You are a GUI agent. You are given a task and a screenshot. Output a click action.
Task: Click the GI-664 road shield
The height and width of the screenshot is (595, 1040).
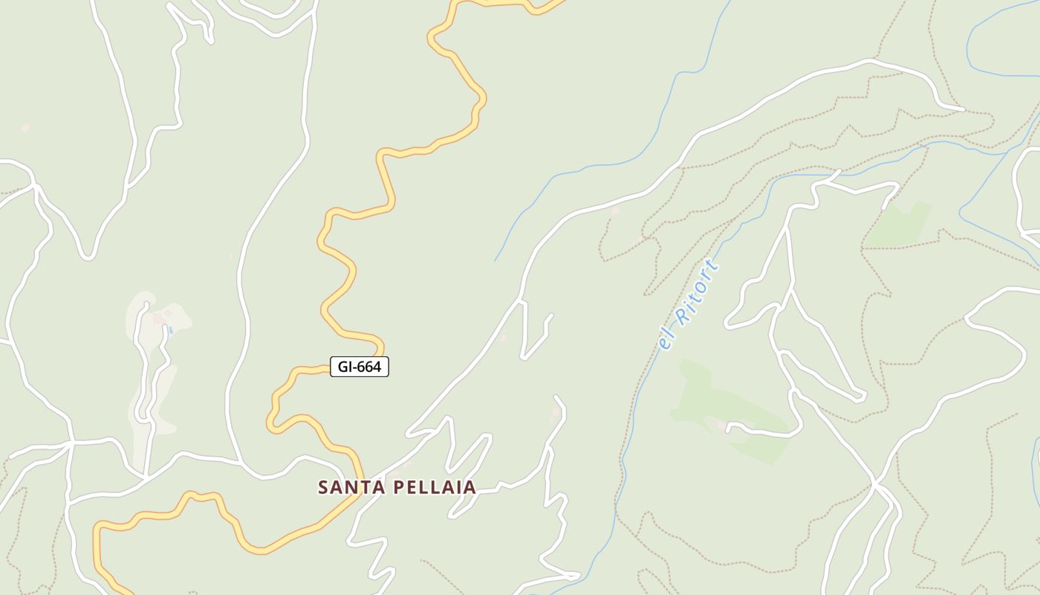click(x=360, y=367)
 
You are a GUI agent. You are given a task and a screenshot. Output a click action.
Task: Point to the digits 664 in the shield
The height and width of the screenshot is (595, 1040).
click(x=369, y=367)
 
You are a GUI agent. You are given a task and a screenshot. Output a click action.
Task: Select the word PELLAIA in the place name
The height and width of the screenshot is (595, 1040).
click(x=434, y=487)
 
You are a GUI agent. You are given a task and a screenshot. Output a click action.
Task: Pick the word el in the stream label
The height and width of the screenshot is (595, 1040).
click(x=666, y=341)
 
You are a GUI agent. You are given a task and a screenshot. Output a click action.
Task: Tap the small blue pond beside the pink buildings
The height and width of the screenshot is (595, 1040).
click(x=170, y=330)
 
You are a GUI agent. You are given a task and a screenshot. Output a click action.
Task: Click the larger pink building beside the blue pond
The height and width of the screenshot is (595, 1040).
click(x=157, y=318)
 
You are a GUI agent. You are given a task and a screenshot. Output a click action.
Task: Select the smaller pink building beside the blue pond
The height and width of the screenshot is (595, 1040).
click(x=169, y=313)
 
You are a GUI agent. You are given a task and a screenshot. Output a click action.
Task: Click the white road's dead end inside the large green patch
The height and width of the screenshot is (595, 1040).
click(x=729, y=428)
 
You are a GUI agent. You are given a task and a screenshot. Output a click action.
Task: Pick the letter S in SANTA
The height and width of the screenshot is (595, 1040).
click(x=323, y=487)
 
